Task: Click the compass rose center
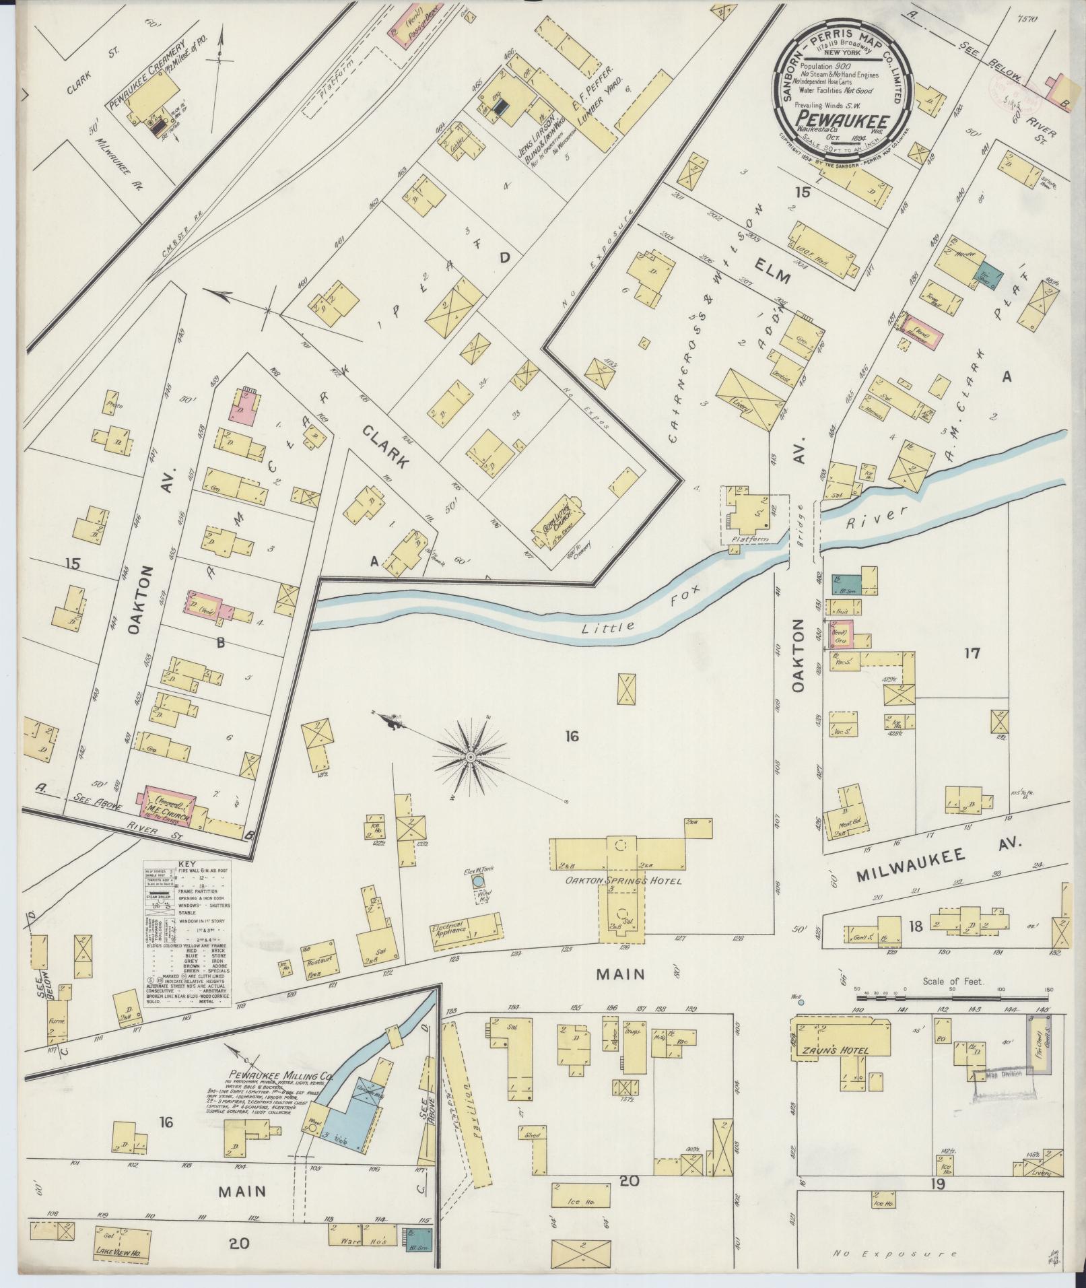click(471, 758)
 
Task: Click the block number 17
click(972, 652)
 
